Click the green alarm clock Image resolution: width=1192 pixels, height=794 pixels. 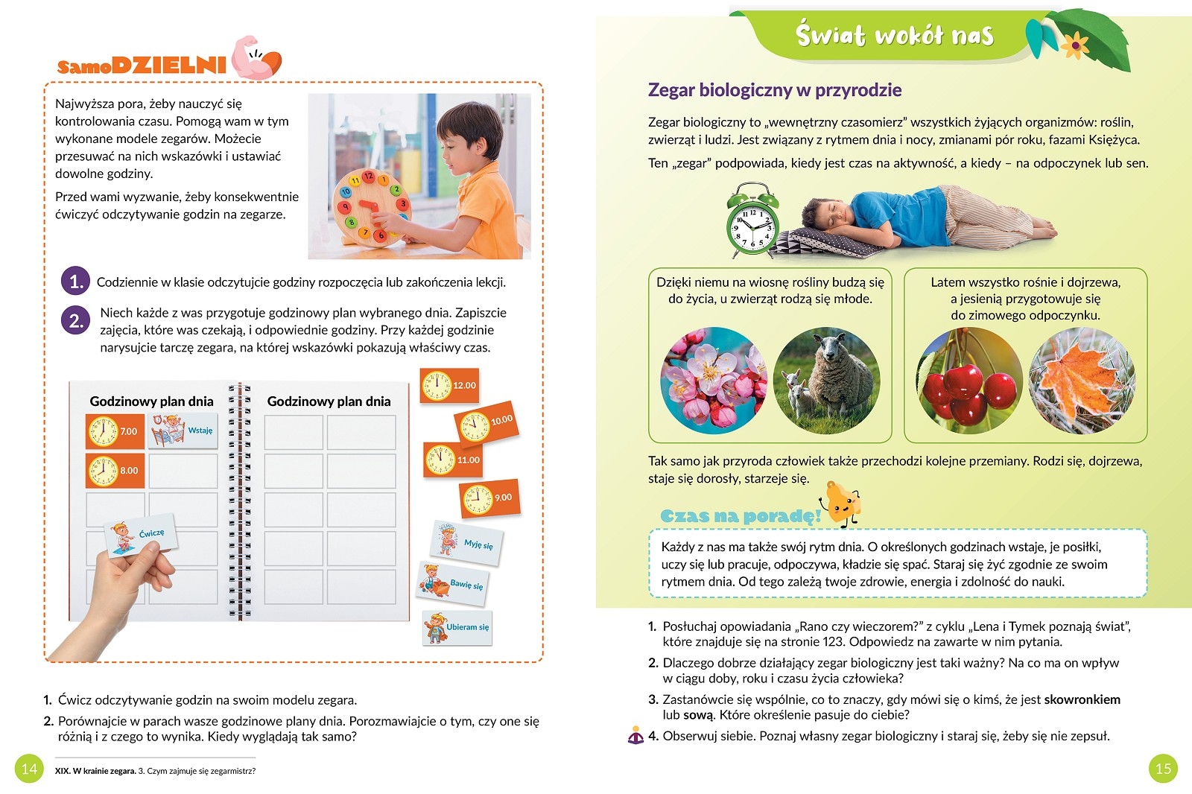point(752,222)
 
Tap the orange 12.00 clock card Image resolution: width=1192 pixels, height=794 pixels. point(449,385)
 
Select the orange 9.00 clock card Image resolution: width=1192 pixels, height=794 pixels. point(489,498)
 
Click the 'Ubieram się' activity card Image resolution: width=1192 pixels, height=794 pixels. point(457,627)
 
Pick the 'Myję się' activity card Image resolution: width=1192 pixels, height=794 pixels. point(467,541)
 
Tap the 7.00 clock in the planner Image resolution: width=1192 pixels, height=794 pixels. point(114,431)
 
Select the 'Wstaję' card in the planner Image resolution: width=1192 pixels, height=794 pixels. point(183,431)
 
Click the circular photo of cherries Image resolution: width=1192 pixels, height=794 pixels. point(968,381)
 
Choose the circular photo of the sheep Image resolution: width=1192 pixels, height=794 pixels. point(827,381)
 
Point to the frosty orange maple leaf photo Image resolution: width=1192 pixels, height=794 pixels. point(1082,381)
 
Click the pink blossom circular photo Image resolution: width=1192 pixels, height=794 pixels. point(714,381)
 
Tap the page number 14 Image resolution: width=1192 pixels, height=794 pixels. point(29,769)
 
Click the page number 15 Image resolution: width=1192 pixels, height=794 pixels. point(1163,769)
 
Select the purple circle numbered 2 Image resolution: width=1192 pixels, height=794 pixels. point(75,321)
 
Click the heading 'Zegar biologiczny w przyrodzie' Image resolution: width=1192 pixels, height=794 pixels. point(775,90)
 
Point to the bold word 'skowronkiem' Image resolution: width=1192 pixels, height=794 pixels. point(1082,699)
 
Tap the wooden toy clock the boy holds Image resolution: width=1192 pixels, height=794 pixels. point(370,206)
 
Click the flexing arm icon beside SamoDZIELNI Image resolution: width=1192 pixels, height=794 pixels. point(255,58)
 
